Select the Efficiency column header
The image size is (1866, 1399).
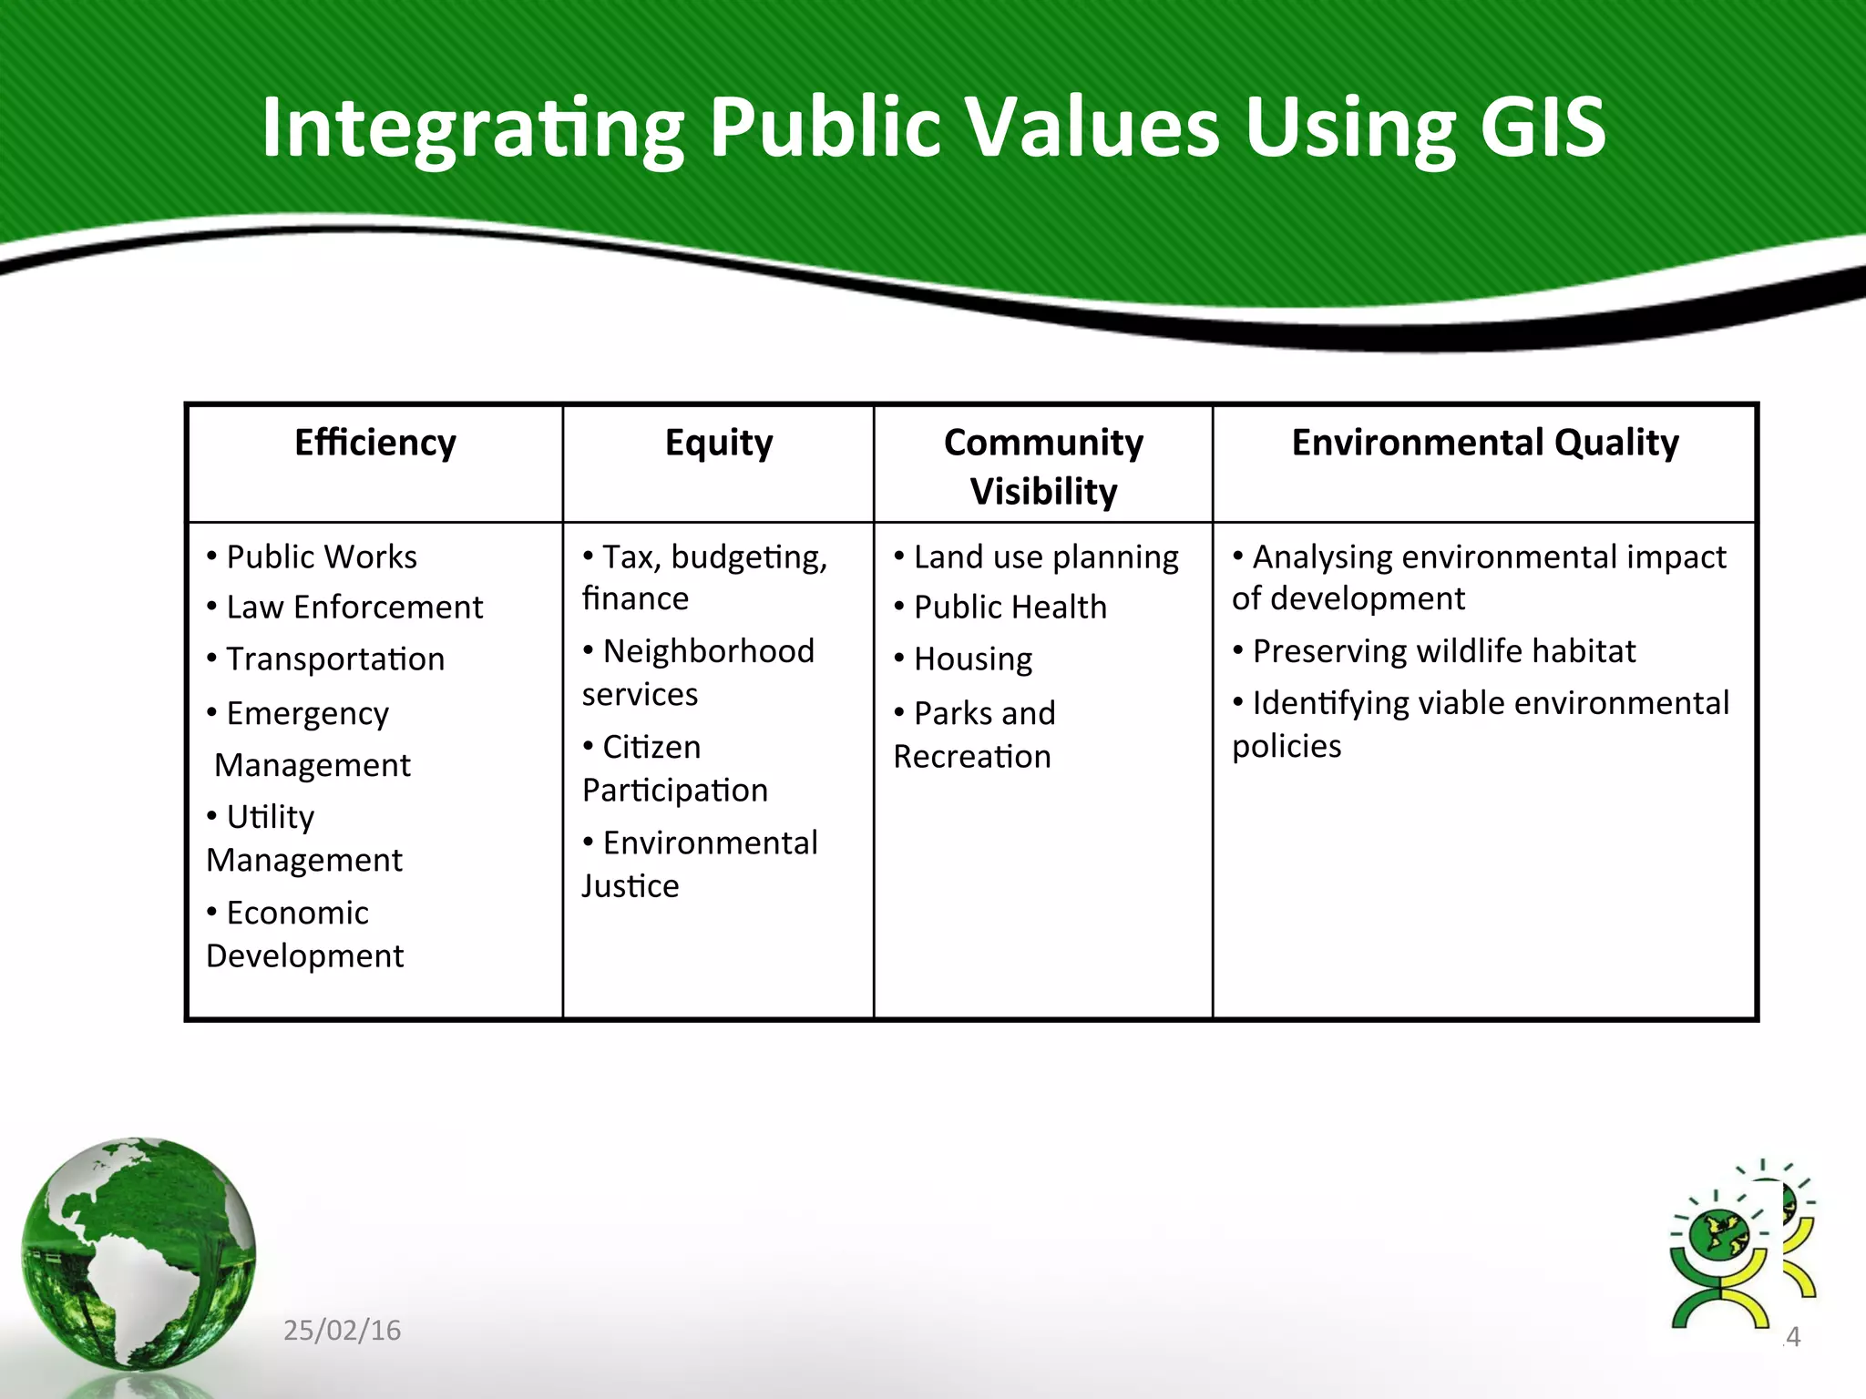[375, 444]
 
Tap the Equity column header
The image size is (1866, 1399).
[719, 444]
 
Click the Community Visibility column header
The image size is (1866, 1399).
[1043, 466]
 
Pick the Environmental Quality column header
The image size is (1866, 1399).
[1485, 444]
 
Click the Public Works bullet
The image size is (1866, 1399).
[321, 557]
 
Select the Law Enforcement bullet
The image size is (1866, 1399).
[354, 608]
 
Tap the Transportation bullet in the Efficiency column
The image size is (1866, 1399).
[334, 659]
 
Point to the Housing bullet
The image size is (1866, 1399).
[972, 659]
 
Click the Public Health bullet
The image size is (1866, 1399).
[1010, 608]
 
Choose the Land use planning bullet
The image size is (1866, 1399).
[1045, 557]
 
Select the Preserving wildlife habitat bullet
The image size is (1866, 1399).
[1443, 651]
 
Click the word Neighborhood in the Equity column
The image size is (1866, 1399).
[708, 651]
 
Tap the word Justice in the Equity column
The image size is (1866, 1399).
[631, 886]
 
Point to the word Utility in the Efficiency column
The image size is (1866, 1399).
[270, 817]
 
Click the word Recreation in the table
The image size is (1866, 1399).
[972, 757]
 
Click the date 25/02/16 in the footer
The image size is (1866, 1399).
[342, 1331]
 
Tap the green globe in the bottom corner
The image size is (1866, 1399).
[138, 1253]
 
